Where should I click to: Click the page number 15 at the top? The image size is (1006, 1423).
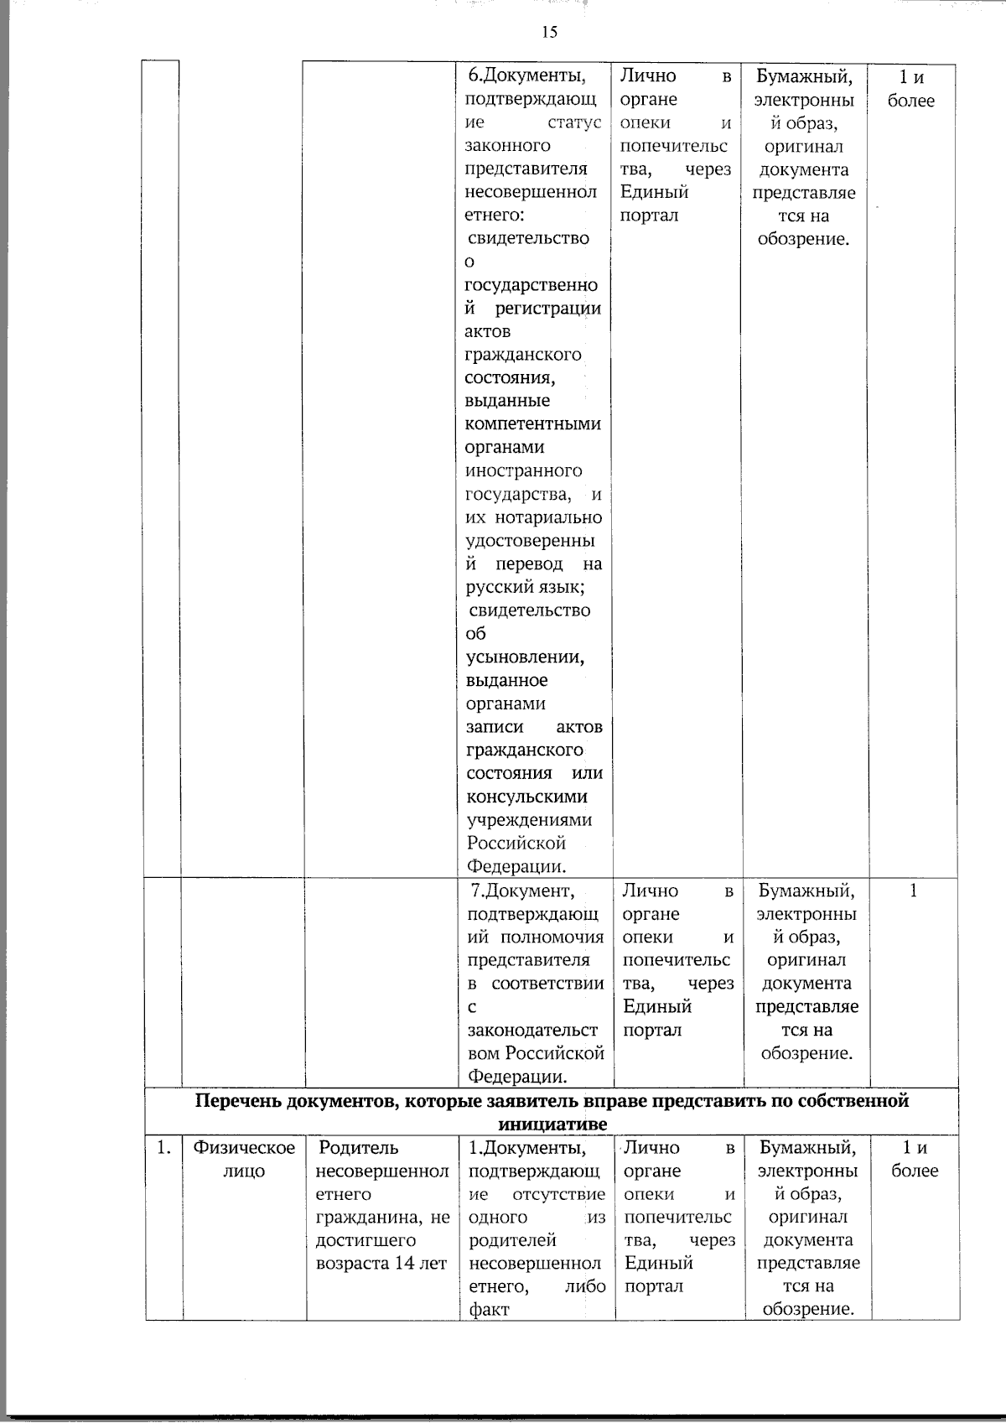pos(549,32)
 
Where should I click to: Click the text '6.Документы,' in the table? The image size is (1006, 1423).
pos(526,76)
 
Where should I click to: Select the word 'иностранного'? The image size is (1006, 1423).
pos(523,470)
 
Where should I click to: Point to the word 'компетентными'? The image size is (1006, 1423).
pos(532,423)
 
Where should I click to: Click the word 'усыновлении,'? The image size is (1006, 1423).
pos(526,657)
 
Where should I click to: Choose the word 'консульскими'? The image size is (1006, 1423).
pos(527,797)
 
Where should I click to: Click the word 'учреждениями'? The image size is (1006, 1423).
pos(529,819)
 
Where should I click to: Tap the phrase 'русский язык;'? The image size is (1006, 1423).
pos(526,587)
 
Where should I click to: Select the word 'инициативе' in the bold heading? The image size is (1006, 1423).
pos(552,1123)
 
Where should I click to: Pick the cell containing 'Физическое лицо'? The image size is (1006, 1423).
pos(244,1159)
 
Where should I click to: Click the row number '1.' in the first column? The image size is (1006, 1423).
pos(163,1147)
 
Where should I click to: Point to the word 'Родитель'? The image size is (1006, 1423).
pos(359,1147)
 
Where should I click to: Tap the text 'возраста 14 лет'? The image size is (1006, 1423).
pos(381,1263)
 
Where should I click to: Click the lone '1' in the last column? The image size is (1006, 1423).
pos(913,890)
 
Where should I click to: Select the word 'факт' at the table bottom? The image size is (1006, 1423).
pos(489,1309)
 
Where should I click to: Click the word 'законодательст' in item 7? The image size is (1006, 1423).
pos(532,1030)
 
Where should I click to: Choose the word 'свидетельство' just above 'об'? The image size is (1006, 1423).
pos(529,610)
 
